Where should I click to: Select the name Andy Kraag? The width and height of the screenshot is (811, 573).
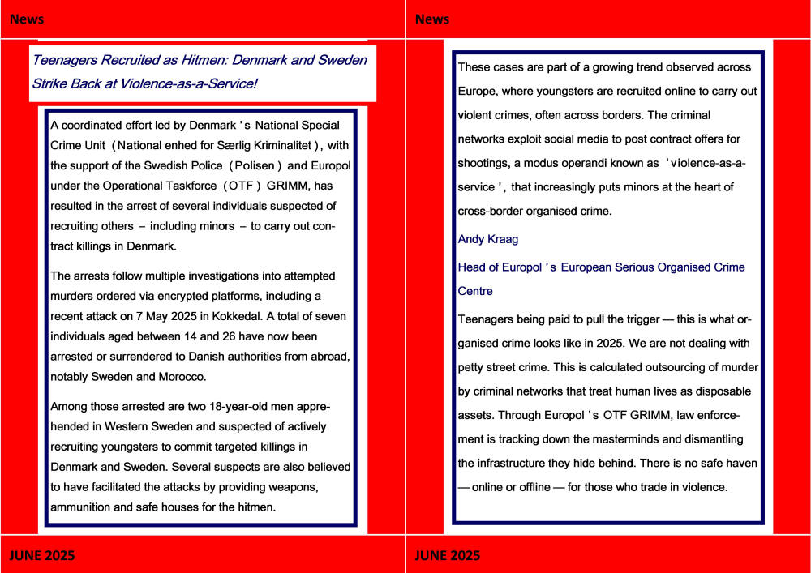tap(487, 239)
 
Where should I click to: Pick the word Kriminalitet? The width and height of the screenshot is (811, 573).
tap(272, 146)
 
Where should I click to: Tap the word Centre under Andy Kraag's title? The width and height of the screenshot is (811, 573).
tap(475, 290)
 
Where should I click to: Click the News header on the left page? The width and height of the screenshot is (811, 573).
tap(28, 19)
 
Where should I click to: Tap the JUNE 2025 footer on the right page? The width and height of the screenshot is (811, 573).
tap(447, 555)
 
